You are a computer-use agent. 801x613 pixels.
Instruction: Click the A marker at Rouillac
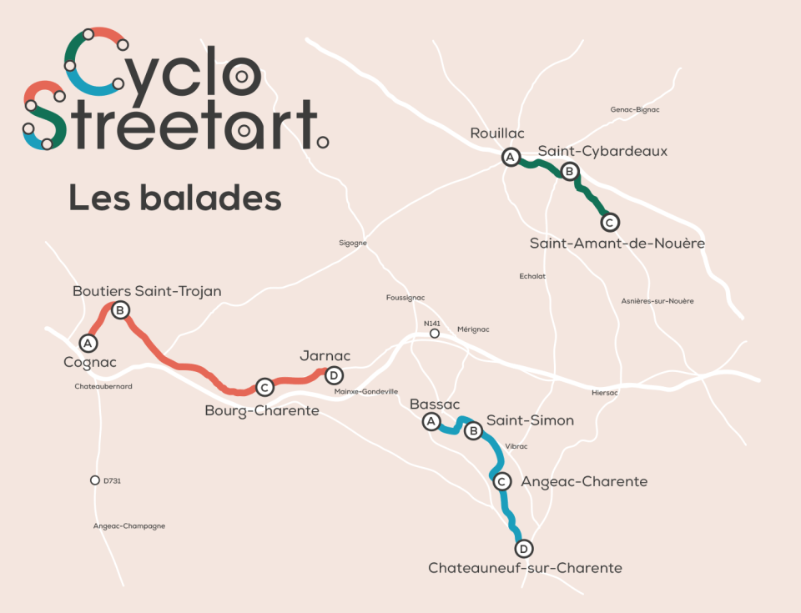click(x=510, y=157)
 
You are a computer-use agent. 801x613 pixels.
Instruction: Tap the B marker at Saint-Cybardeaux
click(x=569, y=172)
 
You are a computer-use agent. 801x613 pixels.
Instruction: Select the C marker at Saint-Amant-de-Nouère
click(x=610, y=222)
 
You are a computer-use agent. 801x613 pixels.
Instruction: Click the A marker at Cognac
click(x=87, y=343)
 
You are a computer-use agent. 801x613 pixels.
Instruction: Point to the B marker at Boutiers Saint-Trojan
click(x=119, y=310)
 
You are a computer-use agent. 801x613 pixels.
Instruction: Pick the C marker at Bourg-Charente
click(x=264, y=387)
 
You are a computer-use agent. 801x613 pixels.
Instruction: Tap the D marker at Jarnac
click(x=334, y=375)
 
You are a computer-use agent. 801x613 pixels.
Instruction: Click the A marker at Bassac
click(x=431, y=422)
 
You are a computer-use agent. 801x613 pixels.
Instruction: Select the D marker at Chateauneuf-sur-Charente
click(x=523, y=549)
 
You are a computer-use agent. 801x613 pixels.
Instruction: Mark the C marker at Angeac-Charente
click(x=501, y=481)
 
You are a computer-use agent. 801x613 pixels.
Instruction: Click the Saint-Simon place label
click(x=530, y=420)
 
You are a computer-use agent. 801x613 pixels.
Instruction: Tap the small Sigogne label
click(x=353, y=244)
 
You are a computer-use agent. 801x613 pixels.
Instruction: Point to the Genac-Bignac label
click(x=635, y=109)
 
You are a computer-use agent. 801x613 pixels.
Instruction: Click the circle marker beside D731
click(x=95, y=480)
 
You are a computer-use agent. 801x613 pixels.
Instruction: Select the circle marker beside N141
click(x=434, y=334)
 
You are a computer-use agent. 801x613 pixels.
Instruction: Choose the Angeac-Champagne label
click(x=128, y=525)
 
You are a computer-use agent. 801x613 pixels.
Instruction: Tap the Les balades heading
click(x=174, y=198)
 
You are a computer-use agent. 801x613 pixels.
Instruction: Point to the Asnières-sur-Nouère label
click(x=657, y=300)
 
